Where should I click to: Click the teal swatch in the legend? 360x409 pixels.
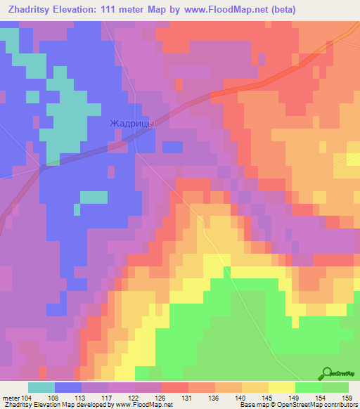(41, 387)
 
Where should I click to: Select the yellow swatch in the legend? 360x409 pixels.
(281, 387)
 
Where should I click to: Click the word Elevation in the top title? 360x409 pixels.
(72, 9)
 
